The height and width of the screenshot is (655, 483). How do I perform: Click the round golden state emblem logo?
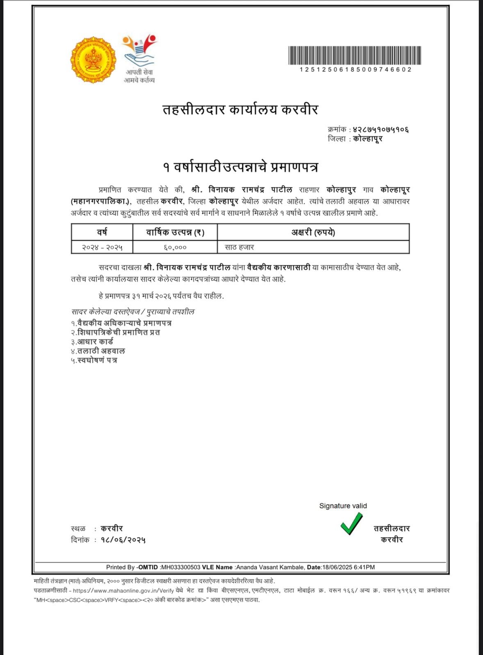click(93, 60)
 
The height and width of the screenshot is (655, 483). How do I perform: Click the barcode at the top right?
click(355, 55)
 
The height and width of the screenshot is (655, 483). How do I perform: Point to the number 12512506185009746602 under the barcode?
click(355, 70)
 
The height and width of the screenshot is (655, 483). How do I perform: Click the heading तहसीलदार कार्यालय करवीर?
click(240, 110)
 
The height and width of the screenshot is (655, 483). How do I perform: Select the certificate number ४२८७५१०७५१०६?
click(381, 129)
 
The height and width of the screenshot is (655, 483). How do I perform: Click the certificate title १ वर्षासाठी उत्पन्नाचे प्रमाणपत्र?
click(240, 167)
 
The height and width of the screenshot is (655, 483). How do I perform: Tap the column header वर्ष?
click(102, 232)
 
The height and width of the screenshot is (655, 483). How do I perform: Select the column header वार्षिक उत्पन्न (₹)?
click(175, 233)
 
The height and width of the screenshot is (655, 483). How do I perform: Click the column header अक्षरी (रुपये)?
click(313, 233)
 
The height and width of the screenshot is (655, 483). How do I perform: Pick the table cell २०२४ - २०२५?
click(102, 247)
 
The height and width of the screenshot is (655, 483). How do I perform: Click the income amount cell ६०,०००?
click(175, 247)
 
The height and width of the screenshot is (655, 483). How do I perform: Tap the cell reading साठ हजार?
click(239, 247)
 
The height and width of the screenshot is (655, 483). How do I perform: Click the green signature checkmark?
click(351, 524)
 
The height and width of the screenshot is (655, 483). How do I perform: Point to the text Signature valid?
click(343, 506)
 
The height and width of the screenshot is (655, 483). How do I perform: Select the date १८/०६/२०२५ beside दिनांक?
click(123, 540)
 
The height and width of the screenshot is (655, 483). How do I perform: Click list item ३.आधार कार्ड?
click(92, 341)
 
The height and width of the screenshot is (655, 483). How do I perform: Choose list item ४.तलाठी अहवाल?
click(98, 351)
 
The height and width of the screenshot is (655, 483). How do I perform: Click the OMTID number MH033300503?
click(181, 567)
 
